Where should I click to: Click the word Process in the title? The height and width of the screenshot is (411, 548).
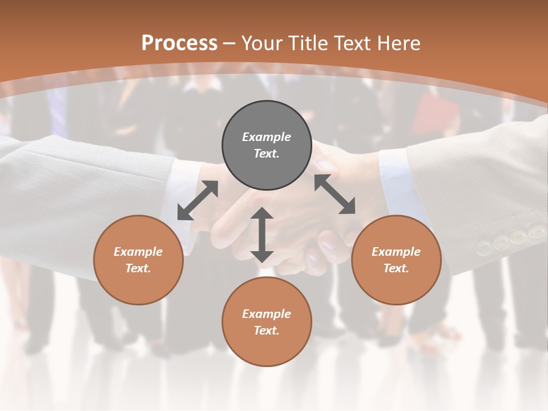[179, 43]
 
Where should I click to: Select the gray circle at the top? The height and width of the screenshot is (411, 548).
[267, 146]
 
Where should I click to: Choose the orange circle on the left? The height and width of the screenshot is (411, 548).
[138, 260]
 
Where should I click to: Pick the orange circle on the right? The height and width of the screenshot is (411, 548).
[396, 260]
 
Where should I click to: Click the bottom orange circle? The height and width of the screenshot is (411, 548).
[267, 322]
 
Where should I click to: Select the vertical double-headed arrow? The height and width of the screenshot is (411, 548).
[262, 235]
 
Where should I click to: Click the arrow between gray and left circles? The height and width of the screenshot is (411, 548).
[198, 200]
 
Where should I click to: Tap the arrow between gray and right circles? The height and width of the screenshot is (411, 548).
[335, 195]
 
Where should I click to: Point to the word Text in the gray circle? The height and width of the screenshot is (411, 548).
[266, 154]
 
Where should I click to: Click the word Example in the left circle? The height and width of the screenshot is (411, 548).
[138, 252]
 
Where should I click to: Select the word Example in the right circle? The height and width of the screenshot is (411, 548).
[396, 252]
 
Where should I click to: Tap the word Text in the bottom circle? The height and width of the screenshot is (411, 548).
[266, 331]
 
